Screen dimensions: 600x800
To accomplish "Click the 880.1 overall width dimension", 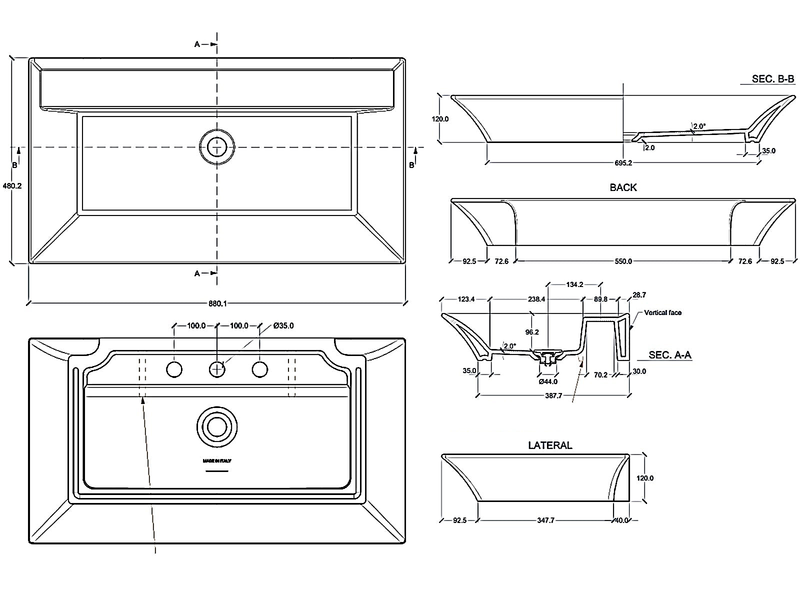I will [x=216, y=303].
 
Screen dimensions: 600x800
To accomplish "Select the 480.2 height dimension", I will [x=12, y=185].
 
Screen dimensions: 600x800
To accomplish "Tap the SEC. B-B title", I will [x=772, y=79].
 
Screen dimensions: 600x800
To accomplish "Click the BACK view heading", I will [x=623, y=187].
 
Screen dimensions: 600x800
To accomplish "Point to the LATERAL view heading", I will [x=550, y=445].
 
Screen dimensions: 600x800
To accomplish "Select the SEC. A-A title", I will [x=669, y=355].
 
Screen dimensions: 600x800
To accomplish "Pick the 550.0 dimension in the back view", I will [x=623, y=261].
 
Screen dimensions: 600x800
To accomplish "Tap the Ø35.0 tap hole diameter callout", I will [x=283, y=326].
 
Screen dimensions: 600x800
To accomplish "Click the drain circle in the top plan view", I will [x=217, y=147].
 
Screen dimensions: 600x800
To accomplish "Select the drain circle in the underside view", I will [x=217, y=427].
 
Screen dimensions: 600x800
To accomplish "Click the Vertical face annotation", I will [x=662, y=313].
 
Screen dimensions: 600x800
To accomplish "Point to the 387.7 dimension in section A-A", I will [x=553, y=395].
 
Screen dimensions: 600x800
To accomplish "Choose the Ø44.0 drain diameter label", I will [x=547, y=382].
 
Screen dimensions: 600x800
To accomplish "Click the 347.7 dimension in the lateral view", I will [x=545, y=520].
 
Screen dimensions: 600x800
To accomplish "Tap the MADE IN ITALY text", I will [x=216, y=460].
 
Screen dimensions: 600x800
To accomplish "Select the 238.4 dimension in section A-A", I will [x=536, y=299].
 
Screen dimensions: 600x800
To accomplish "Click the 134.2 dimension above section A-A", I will [x=574, y=285].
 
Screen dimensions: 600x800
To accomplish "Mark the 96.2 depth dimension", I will [x=532, y=332].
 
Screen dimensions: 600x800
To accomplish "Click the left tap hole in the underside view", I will [x=174, y=369].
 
